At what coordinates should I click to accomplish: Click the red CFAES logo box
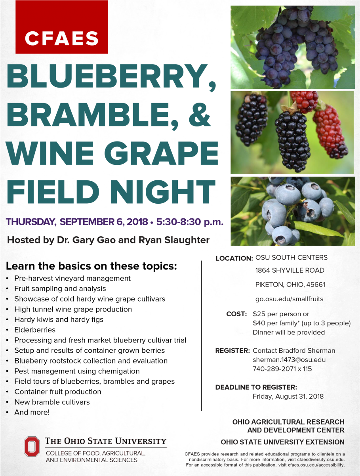coord(61,27)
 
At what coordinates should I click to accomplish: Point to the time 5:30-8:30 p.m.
coord(190,222)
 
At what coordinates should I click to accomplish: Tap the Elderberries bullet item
coord(35,330)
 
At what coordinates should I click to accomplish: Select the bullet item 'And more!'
coord(32,412)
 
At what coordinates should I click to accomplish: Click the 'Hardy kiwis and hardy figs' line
coord(59,319)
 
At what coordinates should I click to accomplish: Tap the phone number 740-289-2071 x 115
coord(282,369)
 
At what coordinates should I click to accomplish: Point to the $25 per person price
coord(281,314)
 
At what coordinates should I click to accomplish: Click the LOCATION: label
coord(234,258)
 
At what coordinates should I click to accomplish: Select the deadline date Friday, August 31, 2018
coord(288,396)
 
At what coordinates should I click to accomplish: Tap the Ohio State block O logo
coord(32,446)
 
